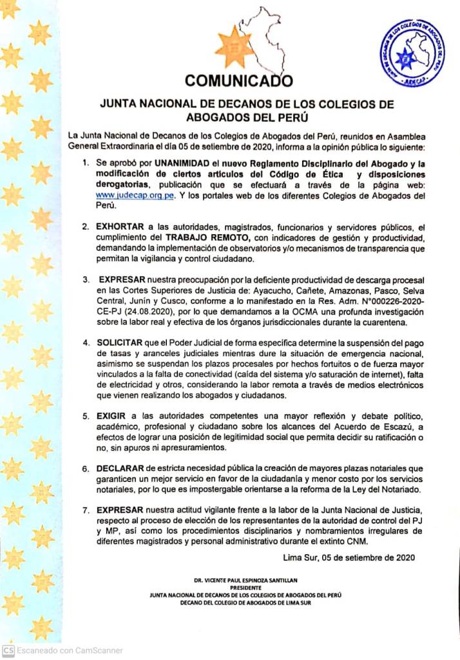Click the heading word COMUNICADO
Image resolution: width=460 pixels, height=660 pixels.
pos(238,81)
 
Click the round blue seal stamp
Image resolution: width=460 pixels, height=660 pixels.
pos(413,53)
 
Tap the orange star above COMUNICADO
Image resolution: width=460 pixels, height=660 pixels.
pos(235,47)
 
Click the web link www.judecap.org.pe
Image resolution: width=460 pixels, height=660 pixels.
pos(135,195)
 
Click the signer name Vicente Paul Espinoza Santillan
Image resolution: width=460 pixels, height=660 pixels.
pos(244,581)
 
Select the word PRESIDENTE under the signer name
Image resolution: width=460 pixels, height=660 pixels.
pos(244,588)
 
